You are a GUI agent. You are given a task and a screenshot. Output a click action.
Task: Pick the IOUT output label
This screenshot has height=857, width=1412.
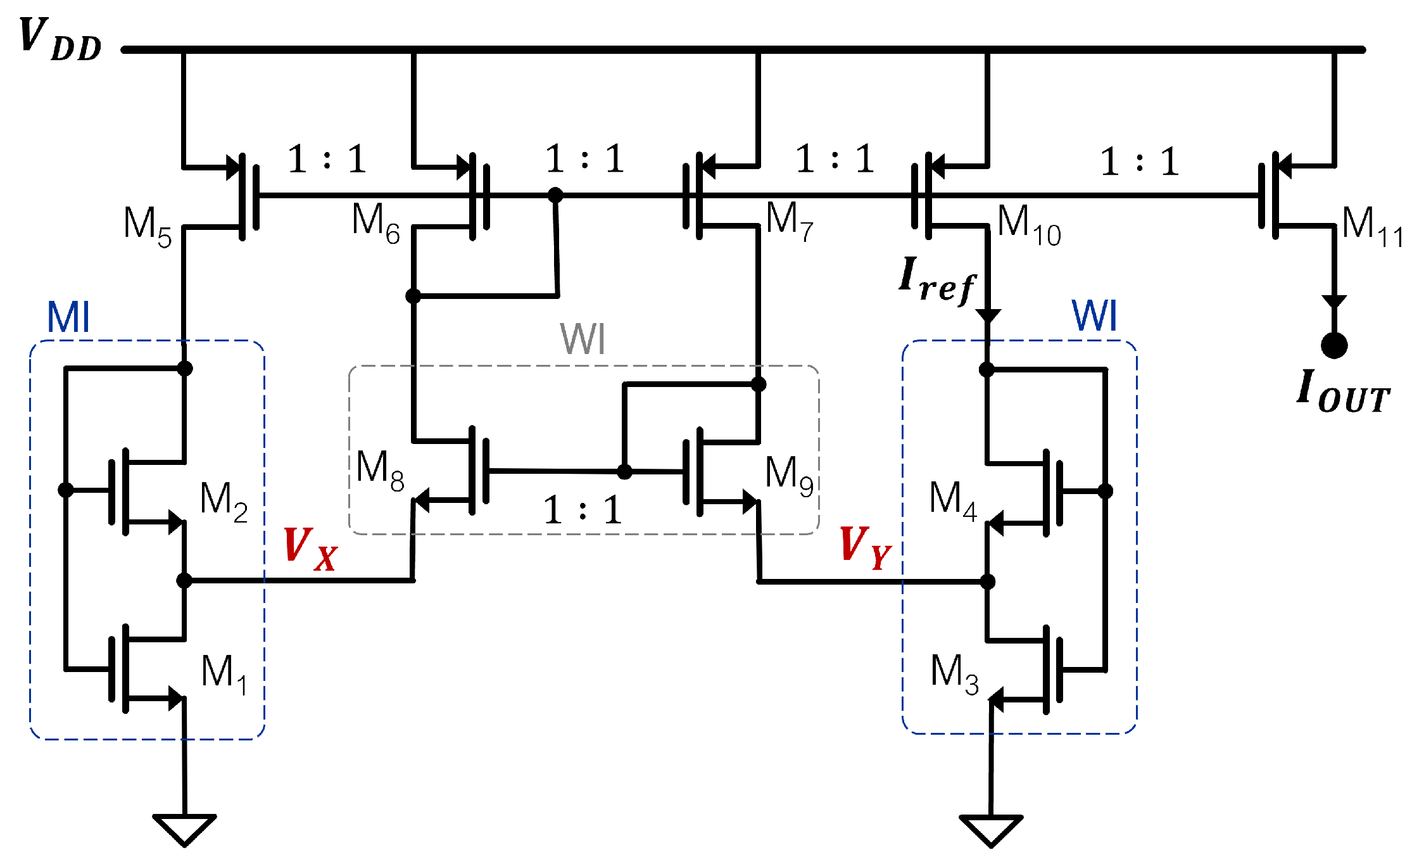(x=1342, y=393)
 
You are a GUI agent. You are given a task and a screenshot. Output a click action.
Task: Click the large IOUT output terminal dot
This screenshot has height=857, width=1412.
(x=1334, y=345)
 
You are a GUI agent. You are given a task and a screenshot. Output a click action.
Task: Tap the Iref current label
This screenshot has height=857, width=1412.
(x=937, y=281)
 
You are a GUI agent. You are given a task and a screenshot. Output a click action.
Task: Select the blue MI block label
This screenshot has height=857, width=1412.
(x=68, y=317)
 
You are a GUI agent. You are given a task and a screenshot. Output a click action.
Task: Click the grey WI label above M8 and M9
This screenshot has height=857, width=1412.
(x=583, y=339)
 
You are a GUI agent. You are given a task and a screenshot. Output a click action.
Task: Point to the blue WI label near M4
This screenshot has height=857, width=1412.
(x=1094, y=315)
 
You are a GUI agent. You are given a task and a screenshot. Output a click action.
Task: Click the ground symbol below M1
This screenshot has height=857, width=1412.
(x=185, y=829)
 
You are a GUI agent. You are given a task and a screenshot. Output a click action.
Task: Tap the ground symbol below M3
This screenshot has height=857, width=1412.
(x=991, y=830)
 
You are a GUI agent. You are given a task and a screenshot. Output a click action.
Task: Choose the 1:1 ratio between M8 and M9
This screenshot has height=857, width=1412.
(x=583, y=510)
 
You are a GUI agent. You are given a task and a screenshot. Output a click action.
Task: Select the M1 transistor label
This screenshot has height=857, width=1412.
(x=224, y=673)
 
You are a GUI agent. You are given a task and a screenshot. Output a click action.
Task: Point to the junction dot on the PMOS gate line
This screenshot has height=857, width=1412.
(x=555, y=194)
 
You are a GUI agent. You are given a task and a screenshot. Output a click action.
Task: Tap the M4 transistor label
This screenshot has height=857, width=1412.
(x=952, y=499)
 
